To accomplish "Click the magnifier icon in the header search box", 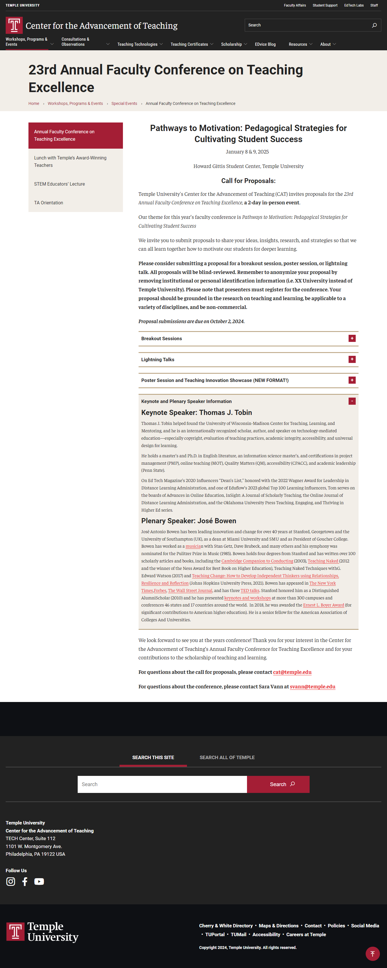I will [x=374, y=25].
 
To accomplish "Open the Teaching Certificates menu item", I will [x=189, y=44].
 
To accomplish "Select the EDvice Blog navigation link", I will [x=265, y=44].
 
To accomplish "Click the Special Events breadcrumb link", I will [x=124, y=104].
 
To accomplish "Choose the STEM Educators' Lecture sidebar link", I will [x=59, y=184].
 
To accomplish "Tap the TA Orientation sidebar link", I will [x=48, y=203].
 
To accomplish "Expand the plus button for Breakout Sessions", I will [x=352, y=338].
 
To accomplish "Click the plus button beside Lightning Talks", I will [x=352, y=360].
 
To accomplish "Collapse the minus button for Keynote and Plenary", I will [x=352, y=401].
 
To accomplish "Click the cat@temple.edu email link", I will [x=292, y=672].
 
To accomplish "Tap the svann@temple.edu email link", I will [x=312, y=687].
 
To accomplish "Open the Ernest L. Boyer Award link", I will [x=324, y=605].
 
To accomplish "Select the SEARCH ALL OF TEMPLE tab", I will [x=227, y=758].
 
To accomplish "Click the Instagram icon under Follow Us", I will [x=11, y=882].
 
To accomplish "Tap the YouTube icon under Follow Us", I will [x=39, y=882].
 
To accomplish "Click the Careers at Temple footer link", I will [x=306, y=934].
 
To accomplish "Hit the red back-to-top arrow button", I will [x=372, y=954].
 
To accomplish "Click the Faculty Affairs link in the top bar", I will [x=295, y=6].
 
